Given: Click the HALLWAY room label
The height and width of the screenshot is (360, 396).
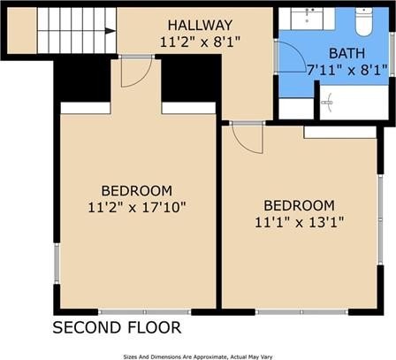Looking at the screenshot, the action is tap(200, 25).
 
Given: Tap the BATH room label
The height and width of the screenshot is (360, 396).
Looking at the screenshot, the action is tap(346, 53).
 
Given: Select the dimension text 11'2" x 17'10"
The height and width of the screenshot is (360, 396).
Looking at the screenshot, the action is tap(137, 207).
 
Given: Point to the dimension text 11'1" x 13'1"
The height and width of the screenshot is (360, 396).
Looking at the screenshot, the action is tap(300, 222).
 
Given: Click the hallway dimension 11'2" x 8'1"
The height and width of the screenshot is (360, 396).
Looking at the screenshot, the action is tap(200, 42).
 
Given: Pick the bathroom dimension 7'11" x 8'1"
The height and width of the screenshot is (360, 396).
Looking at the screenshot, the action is tap(347, 70).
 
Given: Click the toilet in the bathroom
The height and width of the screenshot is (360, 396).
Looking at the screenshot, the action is tap(364, 21).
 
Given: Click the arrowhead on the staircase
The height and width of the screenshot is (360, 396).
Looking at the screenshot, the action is tap(110, 31).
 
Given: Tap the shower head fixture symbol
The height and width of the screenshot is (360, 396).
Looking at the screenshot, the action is tap(327, 103).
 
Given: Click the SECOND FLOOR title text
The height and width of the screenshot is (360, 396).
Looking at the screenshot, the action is tap(117, 327).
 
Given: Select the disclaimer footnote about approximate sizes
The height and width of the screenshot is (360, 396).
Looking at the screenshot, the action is tap(198, 357).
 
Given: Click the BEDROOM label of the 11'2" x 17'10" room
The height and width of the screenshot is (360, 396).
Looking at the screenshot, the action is tap(137, 191).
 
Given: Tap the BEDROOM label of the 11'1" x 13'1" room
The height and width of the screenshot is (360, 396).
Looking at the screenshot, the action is tap(299, 205).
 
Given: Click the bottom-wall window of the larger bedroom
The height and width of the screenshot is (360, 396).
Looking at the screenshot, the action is tap(145, 312).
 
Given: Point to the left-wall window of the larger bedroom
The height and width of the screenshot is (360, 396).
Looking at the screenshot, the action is tap(57, 264).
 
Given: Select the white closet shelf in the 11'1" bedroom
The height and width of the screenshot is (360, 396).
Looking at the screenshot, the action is tap(340, 133).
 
